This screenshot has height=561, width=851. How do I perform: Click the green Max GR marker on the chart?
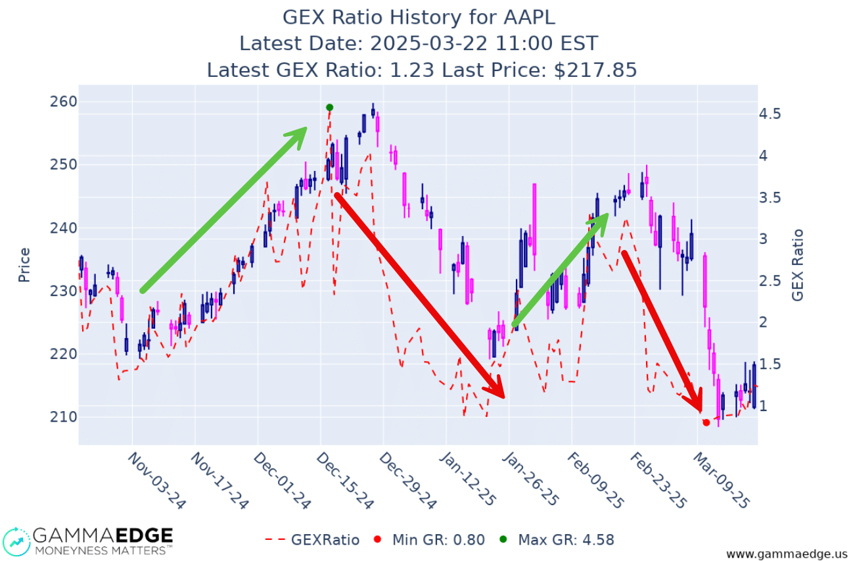[329, 107]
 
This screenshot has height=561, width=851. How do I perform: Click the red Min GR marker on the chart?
[706, 422]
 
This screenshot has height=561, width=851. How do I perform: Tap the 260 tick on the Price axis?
[64, 101]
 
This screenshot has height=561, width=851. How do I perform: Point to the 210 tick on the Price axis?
[64, 417]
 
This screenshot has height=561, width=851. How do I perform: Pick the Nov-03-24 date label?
[156, 480]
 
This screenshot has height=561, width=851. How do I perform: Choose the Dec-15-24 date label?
[346, 480]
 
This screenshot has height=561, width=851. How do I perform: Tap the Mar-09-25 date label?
[722, 480]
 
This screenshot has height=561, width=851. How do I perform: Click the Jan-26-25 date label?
[534, 480]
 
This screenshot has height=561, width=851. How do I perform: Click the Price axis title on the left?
[24, 265]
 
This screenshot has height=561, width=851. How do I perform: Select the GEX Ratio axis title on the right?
[798, 265]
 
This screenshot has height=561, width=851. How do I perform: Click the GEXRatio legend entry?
[312, 540]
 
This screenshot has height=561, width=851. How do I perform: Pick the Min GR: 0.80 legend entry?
[430, 540]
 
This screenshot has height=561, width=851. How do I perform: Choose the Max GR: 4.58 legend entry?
[558, 540]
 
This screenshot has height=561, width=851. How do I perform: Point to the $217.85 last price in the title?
[595, 70]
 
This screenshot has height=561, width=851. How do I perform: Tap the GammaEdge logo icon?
[16, 540]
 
